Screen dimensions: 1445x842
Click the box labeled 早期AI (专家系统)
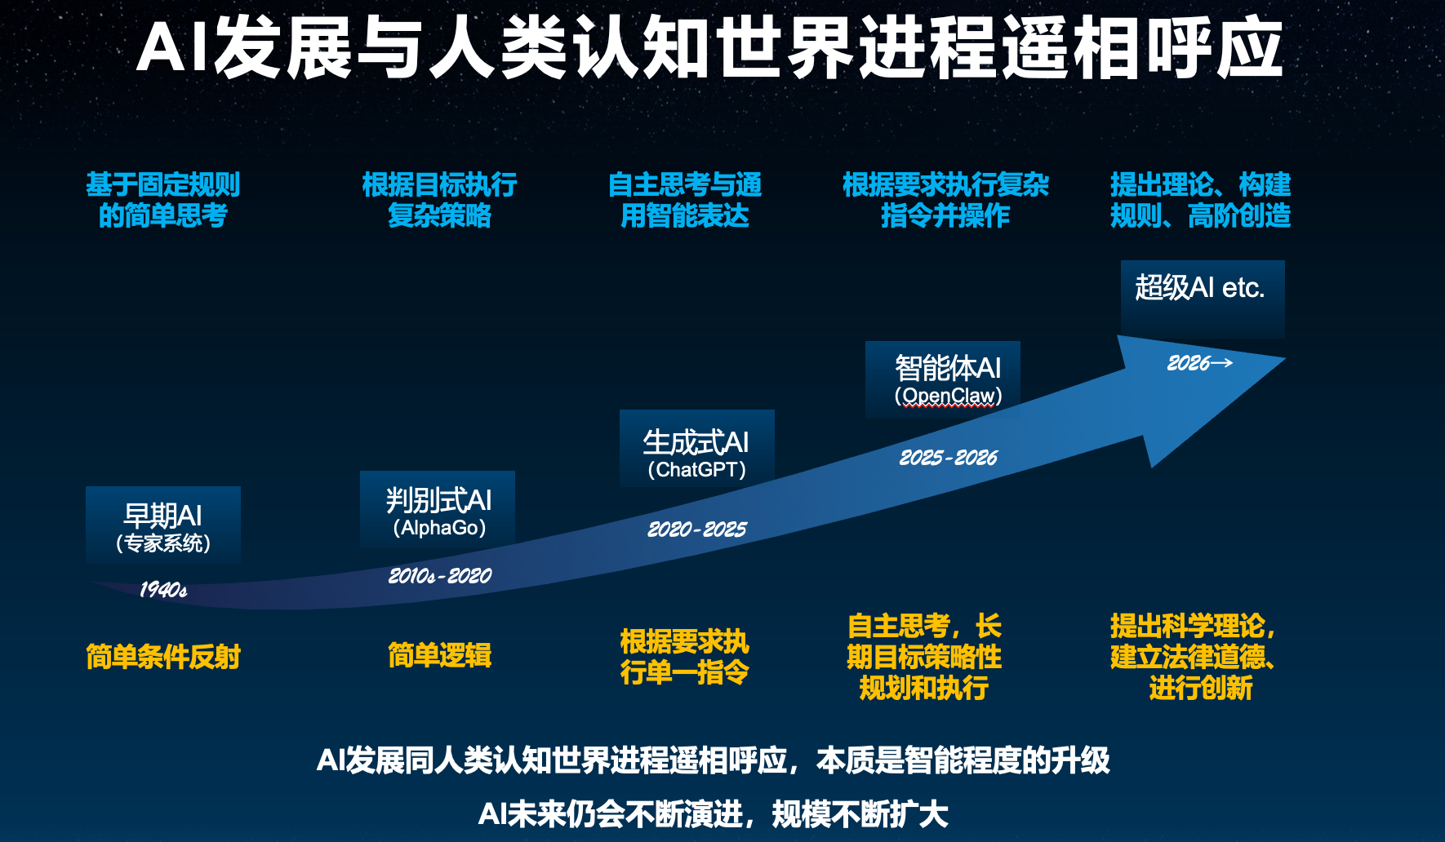point(163,525)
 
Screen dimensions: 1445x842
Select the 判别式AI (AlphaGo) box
point(438,509)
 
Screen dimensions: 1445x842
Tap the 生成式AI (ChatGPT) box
point(697,448)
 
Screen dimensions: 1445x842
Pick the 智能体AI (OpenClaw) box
point(943,379)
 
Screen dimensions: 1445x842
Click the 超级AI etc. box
point(1203,299)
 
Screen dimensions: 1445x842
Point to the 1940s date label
point(163,589)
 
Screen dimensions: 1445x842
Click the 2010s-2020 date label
point(440,576)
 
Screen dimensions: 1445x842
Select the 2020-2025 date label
point(697,530)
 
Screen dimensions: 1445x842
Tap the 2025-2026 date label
point(949,458)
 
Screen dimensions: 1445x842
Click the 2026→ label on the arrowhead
point(1199,363)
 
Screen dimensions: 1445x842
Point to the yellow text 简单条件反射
point(163,657)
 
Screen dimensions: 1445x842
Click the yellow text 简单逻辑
point(440,655)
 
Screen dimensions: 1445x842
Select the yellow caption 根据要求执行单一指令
point(685,657)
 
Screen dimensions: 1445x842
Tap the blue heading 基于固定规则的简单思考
point(163,200)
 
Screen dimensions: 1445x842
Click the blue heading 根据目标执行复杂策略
point(440,200)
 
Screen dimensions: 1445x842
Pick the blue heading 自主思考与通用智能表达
point(685,200)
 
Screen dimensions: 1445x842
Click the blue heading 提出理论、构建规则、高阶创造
point(1200,200)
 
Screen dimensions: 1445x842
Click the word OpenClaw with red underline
point(949,397)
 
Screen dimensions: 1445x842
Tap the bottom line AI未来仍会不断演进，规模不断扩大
point(714,814)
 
